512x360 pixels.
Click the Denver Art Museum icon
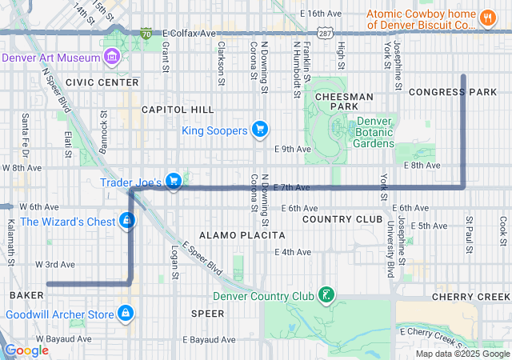coord(112,58)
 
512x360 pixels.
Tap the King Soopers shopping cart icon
coord(259,129)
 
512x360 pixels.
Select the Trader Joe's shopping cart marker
coord(173,182)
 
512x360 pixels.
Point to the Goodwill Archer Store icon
coord(125,314)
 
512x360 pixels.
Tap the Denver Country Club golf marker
coord(326,296)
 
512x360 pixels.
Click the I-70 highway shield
coord(146,34)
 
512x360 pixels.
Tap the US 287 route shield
coord(324,34)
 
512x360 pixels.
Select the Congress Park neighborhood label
coord(453,92)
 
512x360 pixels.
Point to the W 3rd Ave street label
coord(54,264)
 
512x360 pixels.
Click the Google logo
coord(26,350)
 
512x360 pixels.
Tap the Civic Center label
coord(91,82)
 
